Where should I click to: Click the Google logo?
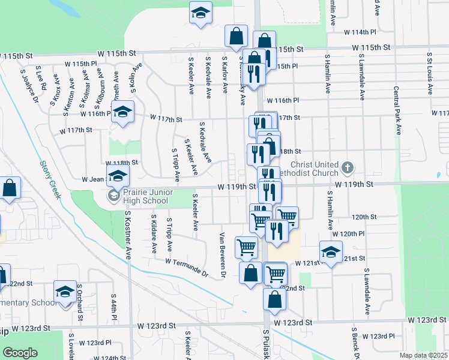(20, 352)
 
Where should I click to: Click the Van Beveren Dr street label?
(222, 254)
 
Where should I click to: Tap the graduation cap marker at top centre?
(201, 13)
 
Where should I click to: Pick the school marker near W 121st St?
(330, 251)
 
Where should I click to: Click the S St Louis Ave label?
(430, 74)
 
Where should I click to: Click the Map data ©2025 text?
(423, 355)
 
